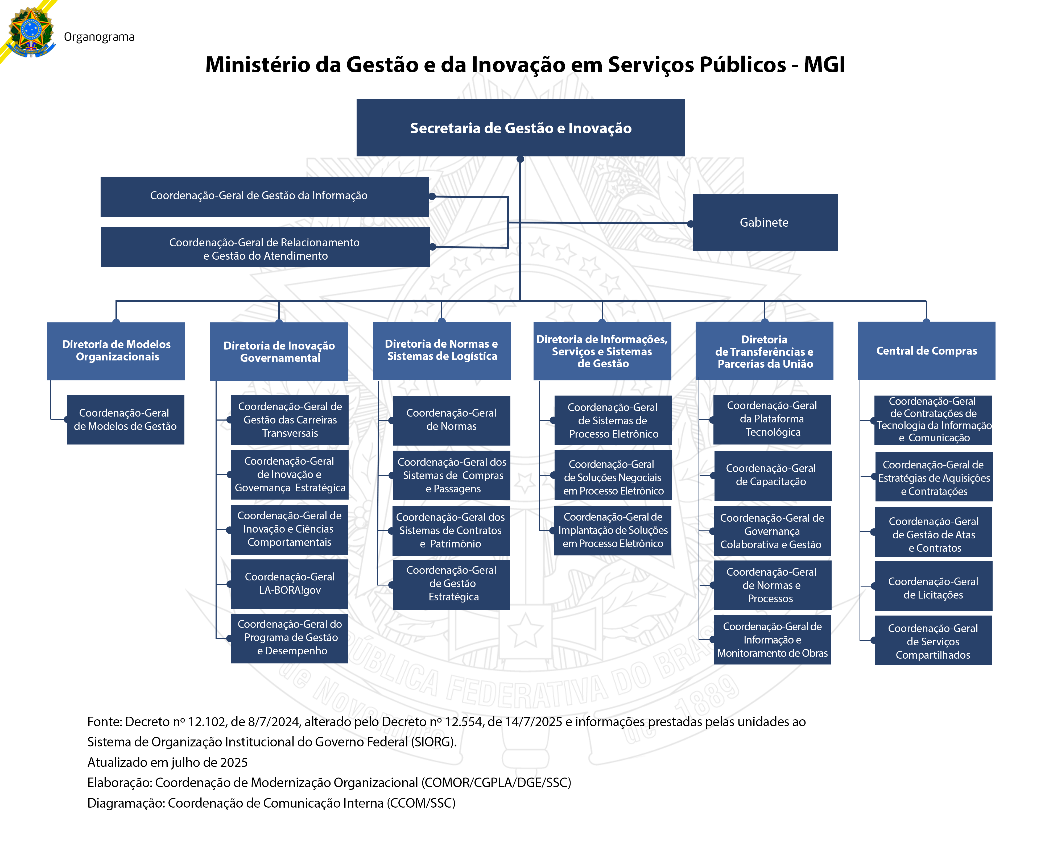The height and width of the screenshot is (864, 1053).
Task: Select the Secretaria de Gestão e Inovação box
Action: [x=520, y=128]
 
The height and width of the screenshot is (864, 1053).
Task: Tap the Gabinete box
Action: [x=764, y=222]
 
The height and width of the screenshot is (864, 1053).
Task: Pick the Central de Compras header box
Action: [x=926, y=351]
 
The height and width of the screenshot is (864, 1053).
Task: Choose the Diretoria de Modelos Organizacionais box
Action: [x=116, y=351]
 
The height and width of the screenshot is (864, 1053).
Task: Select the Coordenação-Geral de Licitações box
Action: [x=933, y=588]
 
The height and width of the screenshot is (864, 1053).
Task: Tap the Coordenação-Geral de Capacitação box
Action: [x=772, y=475]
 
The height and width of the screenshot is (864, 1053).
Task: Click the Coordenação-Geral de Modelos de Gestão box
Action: [x=125, y=419]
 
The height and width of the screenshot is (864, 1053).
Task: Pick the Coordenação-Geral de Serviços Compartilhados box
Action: [x=933, y=642]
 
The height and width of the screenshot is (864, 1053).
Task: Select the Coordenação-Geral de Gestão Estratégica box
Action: [x=451, y=584]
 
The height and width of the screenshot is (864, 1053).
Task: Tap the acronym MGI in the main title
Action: [x=824, y=65]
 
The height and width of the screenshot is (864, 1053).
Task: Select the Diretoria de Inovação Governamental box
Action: [x=279, y=351]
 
